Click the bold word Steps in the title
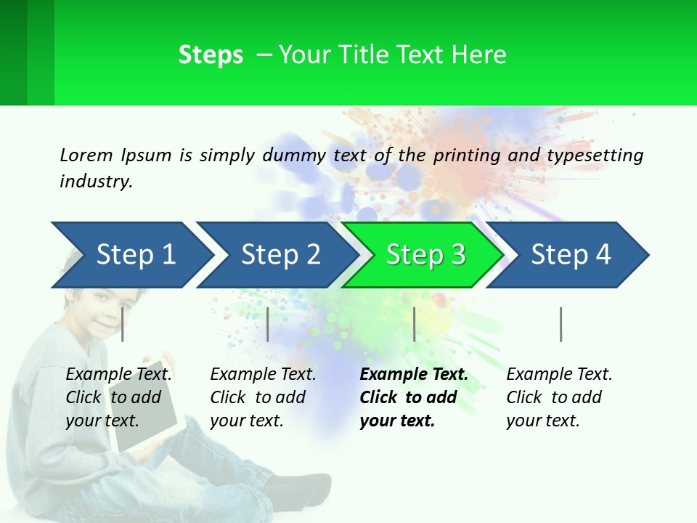[211, 55]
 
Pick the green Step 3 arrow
[425, 254]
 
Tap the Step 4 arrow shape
[571, 254]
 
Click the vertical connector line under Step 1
[123, 324]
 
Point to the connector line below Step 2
[268, 324]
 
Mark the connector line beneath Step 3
[415, 324]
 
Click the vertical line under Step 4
[561, 324]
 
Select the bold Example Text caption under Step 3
[414, 397]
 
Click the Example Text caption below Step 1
[119, 397]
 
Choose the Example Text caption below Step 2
[263, 397]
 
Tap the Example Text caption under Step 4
[559, 397]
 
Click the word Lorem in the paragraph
[86, 155]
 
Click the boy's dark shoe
[305, 487]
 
